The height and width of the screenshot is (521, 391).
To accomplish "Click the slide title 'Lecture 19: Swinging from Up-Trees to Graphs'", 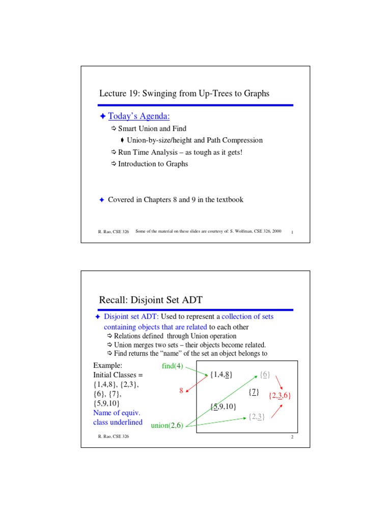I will pyautogui.click(x=184, y=94).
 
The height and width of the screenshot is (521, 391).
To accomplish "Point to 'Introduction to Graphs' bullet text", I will pyautogui.click(x=153, y=164).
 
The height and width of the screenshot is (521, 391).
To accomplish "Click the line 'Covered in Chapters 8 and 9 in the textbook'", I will pyautogui.click(x=176, y=199).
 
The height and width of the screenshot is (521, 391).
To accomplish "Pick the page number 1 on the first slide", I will pyautogui.click(x=293, y=232).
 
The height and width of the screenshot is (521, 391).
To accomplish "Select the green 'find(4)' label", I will pyautogui.click(x=172, y=366).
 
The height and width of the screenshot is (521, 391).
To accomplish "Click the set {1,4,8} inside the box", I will pyautogui.click(x=221, y=375).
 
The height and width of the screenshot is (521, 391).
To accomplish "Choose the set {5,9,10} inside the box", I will pyautogui.click(x=222, y=406).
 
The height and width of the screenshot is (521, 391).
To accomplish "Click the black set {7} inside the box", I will pyautogui.click(x=255, y=392).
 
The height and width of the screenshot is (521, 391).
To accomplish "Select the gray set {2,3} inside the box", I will pyautogui.click(x=256, y=417).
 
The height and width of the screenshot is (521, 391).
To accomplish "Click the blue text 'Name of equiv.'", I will pyautogui.click(x=117, y=413).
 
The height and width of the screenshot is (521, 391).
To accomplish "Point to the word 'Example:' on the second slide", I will pyautogui.click(x=107, y=365).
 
